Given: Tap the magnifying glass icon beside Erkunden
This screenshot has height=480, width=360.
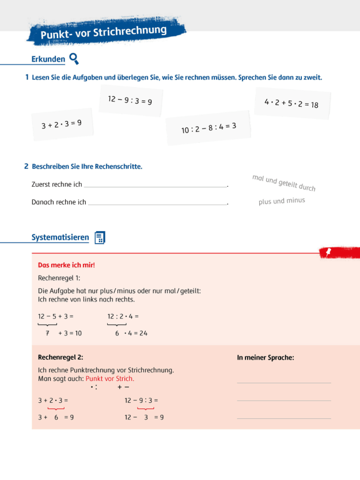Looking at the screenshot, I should [74, 58].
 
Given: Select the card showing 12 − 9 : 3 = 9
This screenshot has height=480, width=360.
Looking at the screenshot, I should [130, 100].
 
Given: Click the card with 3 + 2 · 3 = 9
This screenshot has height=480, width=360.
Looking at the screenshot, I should [62, 124].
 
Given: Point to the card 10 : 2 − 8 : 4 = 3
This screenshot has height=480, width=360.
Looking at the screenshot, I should [209, 128].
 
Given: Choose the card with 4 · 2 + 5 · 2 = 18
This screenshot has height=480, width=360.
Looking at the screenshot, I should [291, 104].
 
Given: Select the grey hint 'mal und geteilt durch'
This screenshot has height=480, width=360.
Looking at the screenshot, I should [283, 183].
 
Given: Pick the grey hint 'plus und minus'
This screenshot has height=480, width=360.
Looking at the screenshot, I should [282, 201].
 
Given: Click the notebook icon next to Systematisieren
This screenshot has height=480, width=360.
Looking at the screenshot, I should [100, 238].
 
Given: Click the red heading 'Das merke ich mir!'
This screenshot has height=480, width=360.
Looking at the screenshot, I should [66, 265].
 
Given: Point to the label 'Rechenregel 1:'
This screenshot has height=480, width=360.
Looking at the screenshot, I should [59, 278].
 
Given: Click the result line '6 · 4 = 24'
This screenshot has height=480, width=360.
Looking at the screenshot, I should [131, 333].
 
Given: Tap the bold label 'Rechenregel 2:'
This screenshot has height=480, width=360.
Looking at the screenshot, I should [60, 357].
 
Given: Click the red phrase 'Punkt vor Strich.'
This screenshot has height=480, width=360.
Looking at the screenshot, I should [109, 379].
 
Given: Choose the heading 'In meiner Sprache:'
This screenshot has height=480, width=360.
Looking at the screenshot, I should [266, 358].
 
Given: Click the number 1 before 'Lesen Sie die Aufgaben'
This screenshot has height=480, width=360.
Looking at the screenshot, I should [27, 77].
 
